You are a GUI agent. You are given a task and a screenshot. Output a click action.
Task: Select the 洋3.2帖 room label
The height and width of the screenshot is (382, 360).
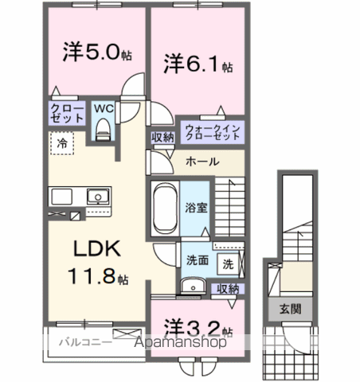[198, 328]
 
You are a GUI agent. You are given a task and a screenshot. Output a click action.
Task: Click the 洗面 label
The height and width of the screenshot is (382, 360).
[198, 259]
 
